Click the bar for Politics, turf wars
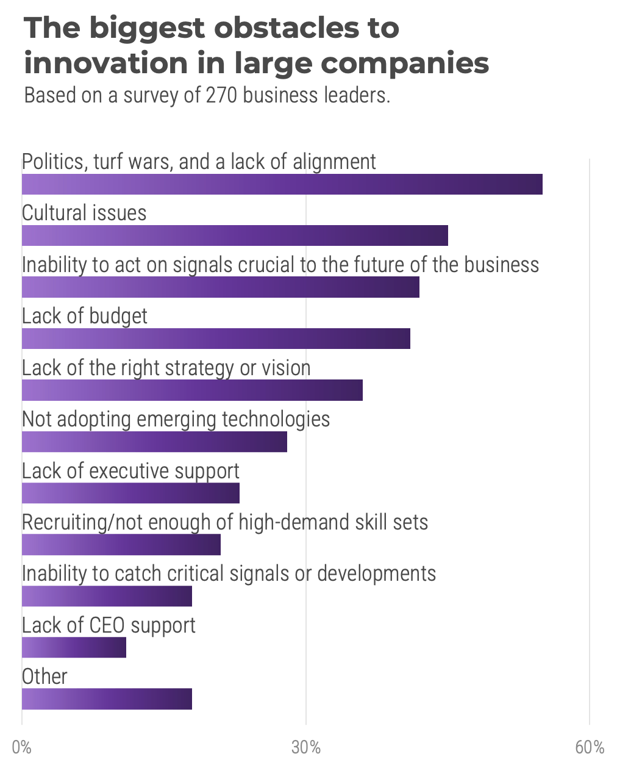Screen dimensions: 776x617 (x=282, y=184)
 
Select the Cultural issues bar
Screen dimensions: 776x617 (x=235, y=235)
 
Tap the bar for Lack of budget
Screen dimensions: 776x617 (x=216, y=339)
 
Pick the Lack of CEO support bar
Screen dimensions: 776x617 (x=74, y=647)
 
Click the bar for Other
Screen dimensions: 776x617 (x=107, y=699)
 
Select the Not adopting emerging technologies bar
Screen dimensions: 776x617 (x=154, y=442)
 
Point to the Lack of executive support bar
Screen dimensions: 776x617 (x=130, y=493)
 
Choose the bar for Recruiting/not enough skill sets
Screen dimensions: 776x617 (x=121, y=545)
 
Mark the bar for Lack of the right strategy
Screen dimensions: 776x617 (x=192, y=390)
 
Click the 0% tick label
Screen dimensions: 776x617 (x=22, y=747)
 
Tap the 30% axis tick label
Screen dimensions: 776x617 (x=305, y=747)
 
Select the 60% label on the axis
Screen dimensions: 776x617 (x=590, y=747)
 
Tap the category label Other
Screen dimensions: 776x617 (x=45, y=677)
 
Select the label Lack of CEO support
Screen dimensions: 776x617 (x=109, y=625)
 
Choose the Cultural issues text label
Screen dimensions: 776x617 (x=84, y=213)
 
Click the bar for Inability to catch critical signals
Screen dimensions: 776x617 (x=107, y=596)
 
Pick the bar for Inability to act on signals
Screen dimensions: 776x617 (x=220, y=287)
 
